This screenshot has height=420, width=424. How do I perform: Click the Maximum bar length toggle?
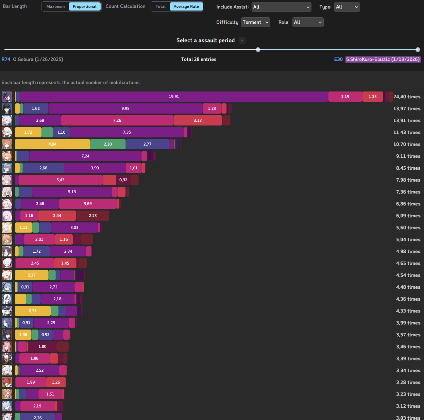pos(55,6)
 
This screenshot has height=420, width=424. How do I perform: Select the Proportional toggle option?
pos(85,6)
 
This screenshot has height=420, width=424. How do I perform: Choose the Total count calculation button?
pos(160,6)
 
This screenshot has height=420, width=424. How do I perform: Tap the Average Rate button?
pos(186,6)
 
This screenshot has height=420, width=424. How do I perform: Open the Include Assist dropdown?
pos(281,7)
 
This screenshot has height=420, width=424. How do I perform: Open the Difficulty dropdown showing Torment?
pos(255,22)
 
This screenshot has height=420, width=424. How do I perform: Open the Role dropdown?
pos(308,22)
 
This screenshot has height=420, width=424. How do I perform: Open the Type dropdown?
pos(347,7)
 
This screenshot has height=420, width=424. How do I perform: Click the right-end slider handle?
pos(418,50)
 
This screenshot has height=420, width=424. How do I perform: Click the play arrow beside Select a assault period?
pos(242,40)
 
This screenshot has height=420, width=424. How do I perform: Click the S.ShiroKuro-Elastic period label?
pos(383,59)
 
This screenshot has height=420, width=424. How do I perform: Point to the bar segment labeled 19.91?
pos(174,97)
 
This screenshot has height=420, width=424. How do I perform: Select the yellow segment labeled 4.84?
pos(52,144)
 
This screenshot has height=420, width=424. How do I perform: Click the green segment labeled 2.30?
pos(108,144)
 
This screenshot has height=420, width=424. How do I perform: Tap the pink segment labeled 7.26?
pos(117,120)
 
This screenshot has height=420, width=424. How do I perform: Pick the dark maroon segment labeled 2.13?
pos(93,216)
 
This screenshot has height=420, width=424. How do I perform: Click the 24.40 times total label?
pos(407,97)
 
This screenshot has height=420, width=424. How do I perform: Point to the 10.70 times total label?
pos(407,144)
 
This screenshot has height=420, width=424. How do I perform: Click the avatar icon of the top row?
pos(7,97)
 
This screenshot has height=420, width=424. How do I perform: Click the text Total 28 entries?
pos(199,59)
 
